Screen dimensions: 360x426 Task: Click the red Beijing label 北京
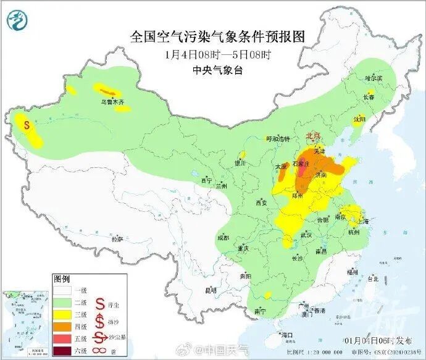click(x=314, y=136)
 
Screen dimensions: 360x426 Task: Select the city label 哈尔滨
click(x=374, y=78)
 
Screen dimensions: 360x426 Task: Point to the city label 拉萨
click(x=117, y=238)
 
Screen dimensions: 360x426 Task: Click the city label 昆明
click(x=211, y=290)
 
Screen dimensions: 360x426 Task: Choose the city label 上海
click(x=362, y=222)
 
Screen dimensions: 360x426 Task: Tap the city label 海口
click(x=286, y=334)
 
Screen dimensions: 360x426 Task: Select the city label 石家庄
click(x=301, y=164)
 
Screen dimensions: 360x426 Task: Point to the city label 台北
click(x=373, y=278)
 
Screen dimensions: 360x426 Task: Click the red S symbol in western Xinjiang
click(x=27, y=124)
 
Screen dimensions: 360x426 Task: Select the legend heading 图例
click(x=62, y=279)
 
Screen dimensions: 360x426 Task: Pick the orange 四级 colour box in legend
click(x=62, y=325)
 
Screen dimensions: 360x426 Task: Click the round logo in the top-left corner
click(x=17, y=22)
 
